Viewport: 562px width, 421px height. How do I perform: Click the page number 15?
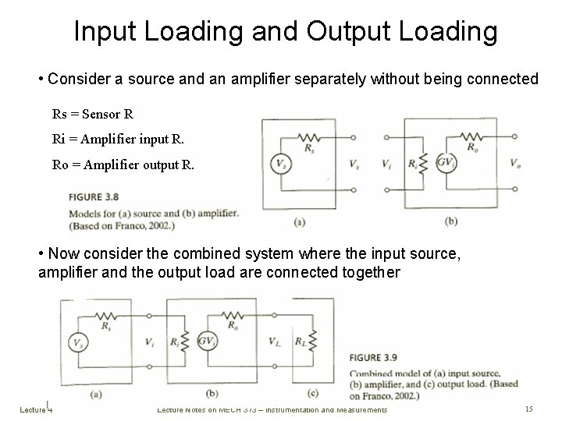point(528,409)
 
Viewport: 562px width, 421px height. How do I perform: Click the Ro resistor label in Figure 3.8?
point(472,146)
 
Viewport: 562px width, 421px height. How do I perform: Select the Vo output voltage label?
point(515,164)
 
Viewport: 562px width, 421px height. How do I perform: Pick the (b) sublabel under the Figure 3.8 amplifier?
point(450,221)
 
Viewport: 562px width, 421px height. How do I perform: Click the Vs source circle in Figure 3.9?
point(79,341)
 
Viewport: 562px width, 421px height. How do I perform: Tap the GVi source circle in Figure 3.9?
point(208,341)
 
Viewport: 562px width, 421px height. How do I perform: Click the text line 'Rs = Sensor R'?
point(93,114)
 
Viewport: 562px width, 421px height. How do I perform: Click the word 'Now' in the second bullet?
point(62,254)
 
